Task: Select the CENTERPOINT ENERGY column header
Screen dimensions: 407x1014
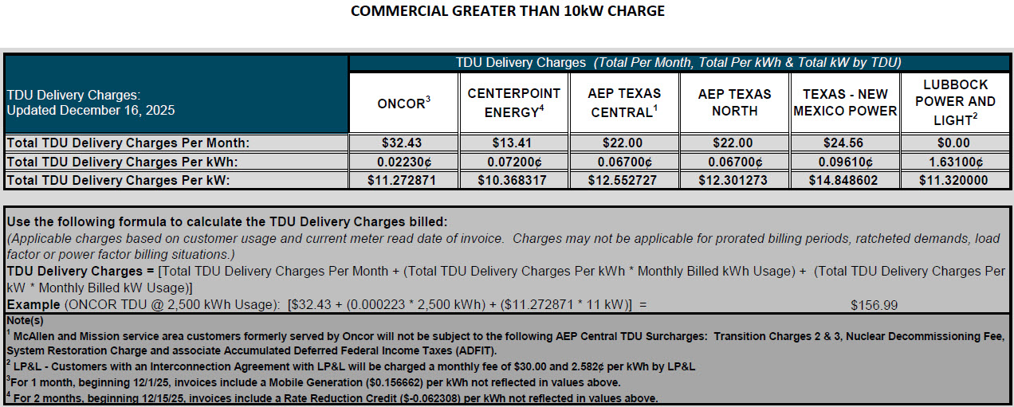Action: point(513,103)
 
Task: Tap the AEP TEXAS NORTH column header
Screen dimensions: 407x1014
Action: point(734,103)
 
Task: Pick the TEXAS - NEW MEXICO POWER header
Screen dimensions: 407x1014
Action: point(845,103)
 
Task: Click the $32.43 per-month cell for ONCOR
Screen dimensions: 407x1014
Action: point(403,143)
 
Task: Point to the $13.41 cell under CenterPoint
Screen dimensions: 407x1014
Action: point(513,143)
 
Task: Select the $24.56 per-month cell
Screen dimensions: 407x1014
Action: point(845,143)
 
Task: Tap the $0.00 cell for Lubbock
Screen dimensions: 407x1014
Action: point(955,143)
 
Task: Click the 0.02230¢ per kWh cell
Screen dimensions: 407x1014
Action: point(403,162)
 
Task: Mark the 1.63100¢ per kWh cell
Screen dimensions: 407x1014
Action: point(955,162)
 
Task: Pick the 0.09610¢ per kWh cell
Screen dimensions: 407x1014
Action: point(845,162)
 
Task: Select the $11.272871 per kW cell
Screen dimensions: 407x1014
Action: point(403,181)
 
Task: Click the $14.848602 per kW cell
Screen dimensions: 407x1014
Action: point(845,181)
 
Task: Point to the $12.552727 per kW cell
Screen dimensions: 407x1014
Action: point(623,181)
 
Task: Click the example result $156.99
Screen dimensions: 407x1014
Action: point(873,305)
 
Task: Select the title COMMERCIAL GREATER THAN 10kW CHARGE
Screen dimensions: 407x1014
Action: point(508,11)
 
